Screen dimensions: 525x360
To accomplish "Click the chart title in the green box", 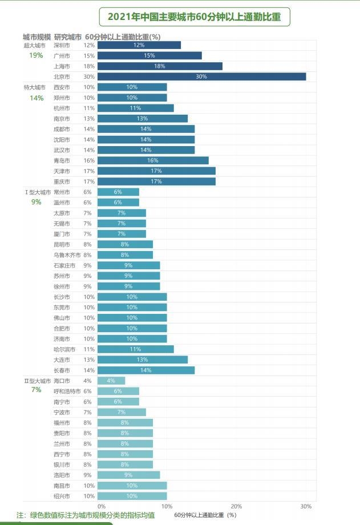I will coord(194,17).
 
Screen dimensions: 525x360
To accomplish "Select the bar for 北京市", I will coord(201,76).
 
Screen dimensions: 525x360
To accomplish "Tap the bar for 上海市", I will coord(160,66).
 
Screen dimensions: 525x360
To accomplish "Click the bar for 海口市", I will coord(111,381).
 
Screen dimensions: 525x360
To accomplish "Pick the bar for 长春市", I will coord(146,370).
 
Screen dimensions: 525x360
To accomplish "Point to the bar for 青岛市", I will coord(153,160).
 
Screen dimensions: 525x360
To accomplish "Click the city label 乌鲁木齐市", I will coord(67,255).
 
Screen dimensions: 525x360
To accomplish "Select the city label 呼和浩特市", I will coord(67,391).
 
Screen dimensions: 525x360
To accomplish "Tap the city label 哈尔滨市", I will coord(63,349).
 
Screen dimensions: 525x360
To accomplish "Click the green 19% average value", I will coord(36,55).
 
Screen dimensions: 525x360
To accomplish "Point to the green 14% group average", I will coord(36,98).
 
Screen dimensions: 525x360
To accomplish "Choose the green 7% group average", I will coord(36,390).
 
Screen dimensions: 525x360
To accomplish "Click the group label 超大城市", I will coord(35,45).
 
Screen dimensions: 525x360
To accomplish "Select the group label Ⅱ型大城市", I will coord(37,381).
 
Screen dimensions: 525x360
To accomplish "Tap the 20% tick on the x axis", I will coord(236,506).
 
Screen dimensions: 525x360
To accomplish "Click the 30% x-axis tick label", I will coord(306,506).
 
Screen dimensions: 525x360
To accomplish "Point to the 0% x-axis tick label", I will coord(102,506).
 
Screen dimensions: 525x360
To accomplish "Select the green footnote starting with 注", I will coord(86,515).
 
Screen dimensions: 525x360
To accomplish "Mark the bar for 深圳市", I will coord(139,45).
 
